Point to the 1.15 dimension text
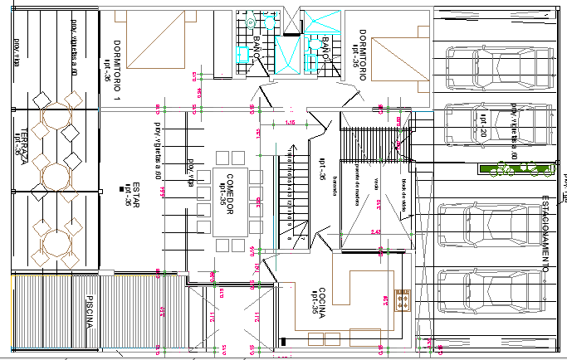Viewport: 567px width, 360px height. coord(291,123)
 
